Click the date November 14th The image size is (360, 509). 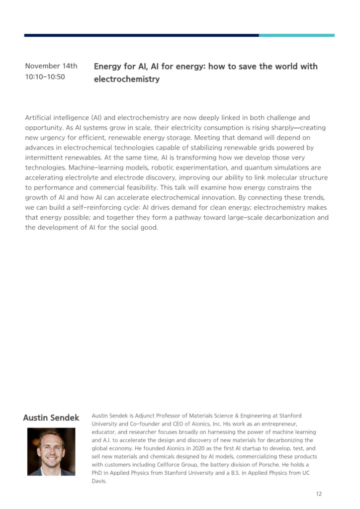pos(51,66)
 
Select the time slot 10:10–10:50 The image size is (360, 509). pos(45,77)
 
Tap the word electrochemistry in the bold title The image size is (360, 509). pos(127,79)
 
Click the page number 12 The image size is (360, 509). pos(319,494)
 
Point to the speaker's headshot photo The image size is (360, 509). pos(51,451)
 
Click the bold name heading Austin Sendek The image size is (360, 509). pos(51,418)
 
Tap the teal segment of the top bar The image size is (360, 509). pos(296,35)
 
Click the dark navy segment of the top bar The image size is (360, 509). pos(141,35)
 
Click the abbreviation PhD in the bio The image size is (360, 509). pos(98,473)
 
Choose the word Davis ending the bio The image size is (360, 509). pos(99,481)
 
